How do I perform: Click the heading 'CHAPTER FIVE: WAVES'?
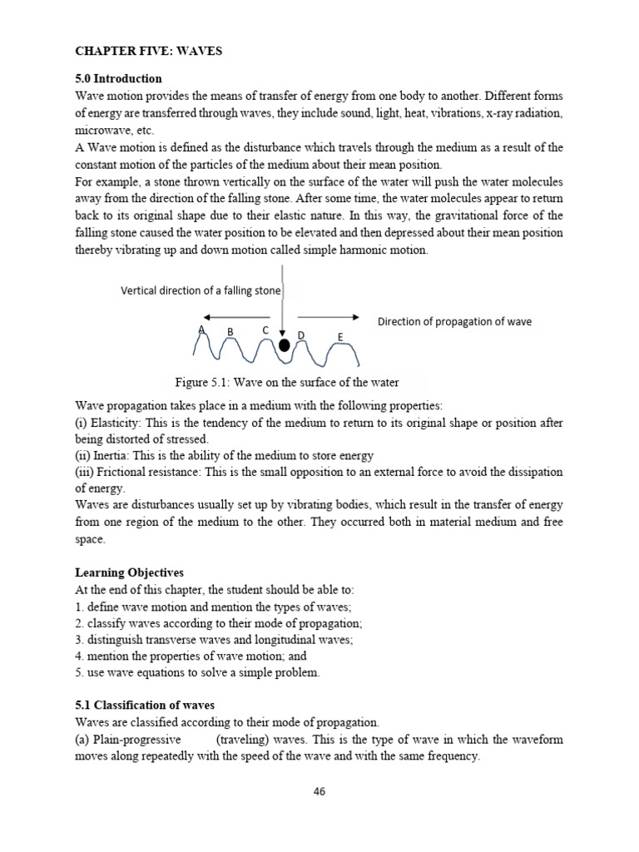[x=149, y=52]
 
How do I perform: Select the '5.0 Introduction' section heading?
[x=119, y=79]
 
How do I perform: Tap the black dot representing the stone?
[x=285, y=345]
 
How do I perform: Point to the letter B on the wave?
[x=230, y=332]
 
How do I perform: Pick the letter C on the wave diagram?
[x=265, y=330]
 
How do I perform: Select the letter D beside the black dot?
[x=301, y=335]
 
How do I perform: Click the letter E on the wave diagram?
[x=340, y=337]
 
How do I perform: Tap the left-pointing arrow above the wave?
[x=236, y=317]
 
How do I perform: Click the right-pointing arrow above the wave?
[x=328, y=317]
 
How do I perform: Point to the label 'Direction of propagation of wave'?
[x=454, y=321]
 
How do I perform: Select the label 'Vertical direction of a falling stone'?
[x=201, y=290]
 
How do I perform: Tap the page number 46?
[x=319, y=791]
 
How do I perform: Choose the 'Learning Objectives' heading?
[x=129, y=573]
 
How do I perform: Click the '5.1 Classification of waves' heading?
[x=145, y=705]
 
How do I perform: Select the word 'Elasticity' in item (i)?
[x=119, y=423]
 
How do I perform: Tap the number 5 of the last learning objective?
[x=78, y=672]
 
